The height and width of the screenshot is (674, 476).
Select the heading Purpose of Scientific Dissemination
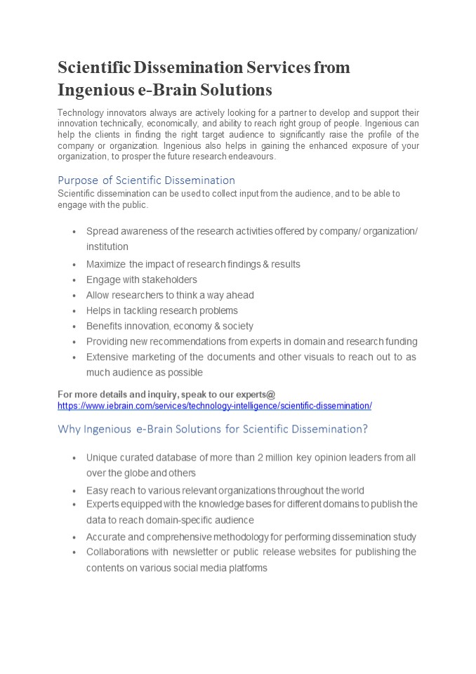146,180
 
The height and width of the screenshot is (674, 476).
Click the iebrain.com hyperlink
214,406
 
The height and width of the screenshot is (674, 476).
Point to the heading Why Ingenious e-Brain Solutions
213,428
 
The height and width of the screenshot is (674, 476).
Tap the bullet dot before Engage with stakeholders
74,280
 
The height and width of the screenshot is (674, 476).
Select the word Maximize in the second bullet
106,264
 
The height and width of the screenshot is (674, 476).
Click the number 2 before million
260,458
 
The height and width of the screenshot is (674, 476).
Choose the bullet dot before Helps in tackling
74,311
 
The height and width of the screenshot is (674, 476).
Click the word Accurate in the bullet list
106,536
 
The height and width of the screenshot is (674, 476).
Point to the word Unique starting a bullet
102,458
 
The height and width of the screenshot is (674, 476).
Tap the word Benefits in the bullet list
106,326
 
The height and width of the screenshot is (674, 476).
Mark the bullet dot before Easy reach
74,491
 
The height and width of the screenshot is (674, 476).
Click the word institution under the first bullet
107,246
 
